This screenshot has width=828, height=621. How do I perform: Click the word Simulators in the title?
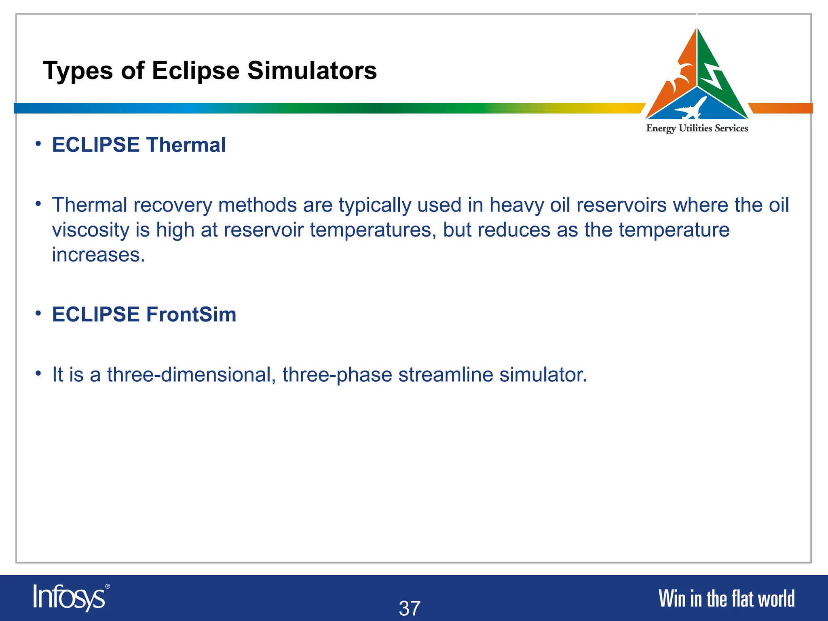point(312,71)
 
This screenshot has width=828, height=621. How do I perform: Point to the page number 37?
point(410,608)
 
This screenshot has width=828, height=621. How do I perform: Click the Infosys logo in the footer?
point(70,598)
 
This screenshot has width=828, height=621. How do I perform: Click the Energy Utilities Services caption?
point(697,128)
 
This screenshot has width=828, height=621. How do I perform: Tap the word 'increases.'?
point(98,255)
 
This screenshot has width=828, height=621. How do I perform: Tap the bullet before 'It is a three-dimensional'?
point(38,373)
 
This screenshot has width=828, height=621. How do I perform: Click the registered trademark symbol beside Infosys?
point(107,586)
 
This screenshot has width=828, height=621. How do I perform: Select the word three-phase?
point(337,374)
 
